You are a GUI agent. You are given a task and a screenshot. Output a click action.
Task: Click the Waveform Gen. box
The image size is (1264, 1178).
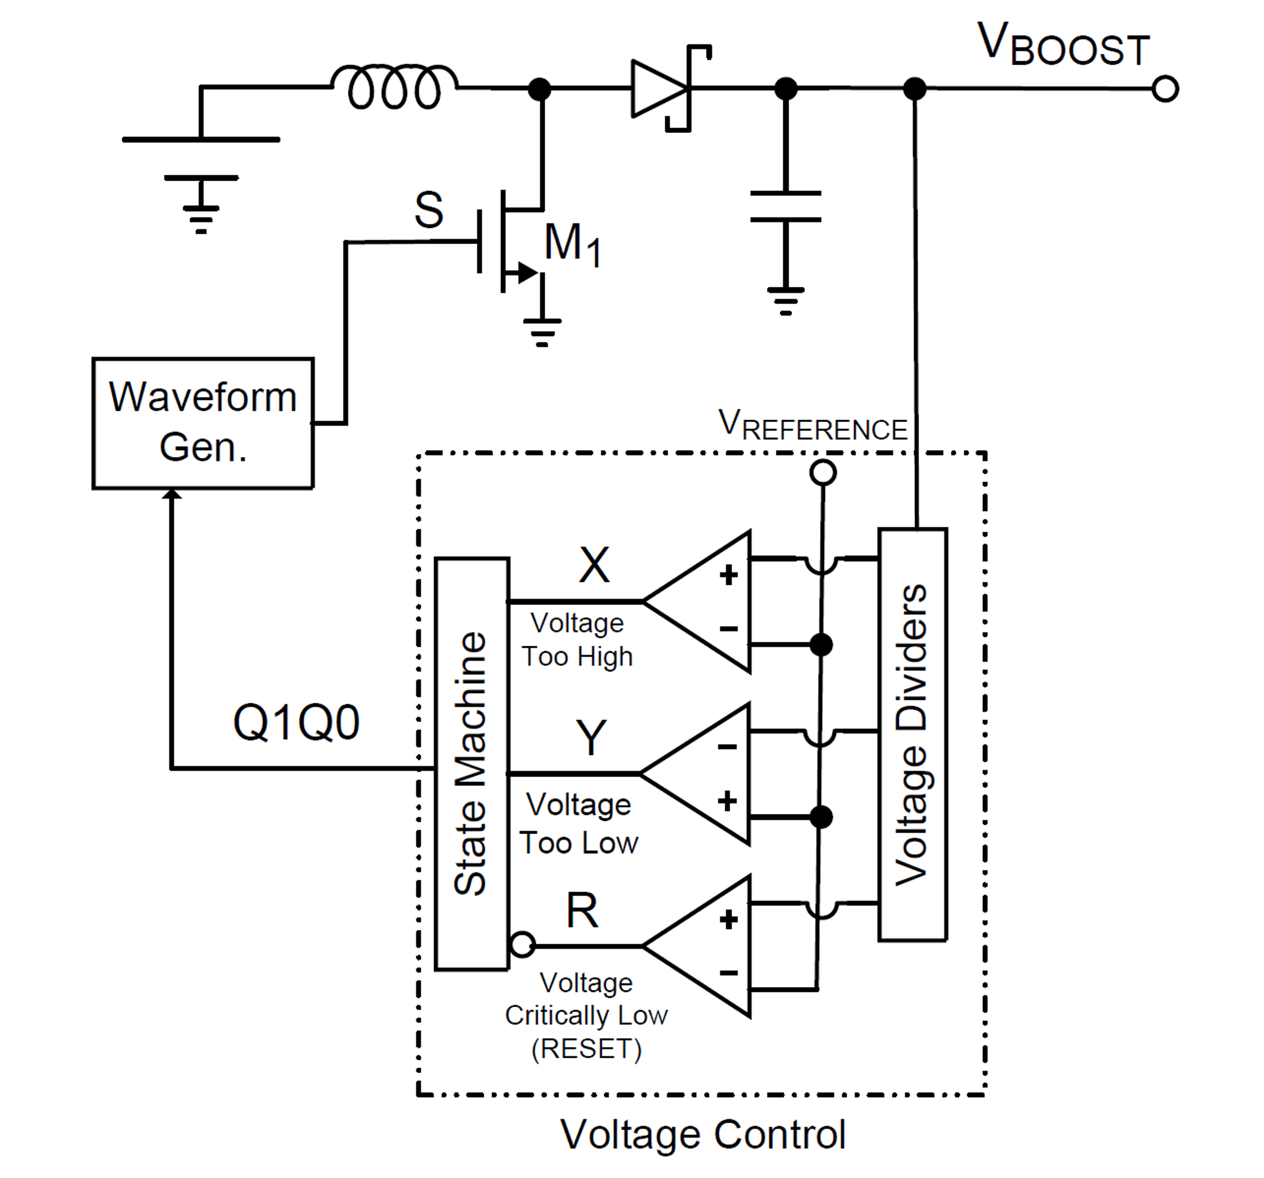pyautogui.click(x=203, y=423)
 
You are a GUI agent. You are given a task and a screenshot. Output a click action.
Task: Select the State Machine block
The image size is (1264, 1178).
pyautogui.click(x=472, y=764)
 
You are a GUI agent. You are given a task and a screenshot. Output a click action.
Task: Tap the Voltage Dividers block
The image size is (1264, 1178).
pyautogui.click(x=912, y=734)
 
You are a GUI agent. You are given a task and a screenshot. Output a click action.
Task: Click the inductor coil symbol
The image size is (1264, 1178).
pyautogui.click(x=394, y=87)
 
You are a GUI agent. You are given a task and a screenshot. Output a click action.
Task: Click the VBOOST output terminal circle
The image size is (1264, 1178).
pyautogui.click(x=1165, y=88)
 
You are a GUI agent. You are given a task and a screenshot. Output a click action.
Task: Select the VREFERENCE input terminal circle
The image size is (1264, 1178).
pyautogui.click(x=823, y=473)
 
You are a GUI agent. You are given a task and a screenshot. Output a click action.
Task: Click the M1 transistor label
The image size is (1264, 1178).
pyautogui.click(x=571, y=245)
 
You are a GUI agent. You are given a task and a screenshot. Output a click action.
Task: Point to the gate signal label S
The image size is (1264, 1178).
pyautogui.click(x=429, y=210)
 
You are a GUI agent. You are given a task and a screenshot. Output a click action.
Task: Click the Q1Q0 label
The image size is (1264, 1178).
pyautogui.click(x=297, y=723)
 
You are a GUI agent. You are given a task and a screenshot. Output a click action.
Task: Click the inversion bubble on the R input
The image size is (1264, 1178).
pyautogui.click(x=523, y=945)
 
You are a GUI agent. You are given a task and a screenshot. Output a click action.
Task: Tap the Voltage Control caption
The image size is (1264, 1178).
pyautogui.click(x=702, y=1134)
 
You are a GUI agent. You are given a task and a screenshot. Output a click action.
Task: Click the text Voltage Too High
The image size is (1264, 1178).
pyautogui.click(x=577, y=639)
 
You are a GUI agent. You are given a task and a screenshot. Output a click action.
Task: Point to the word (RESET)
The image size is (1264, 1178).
pyautogui.click(x=586, y=1048)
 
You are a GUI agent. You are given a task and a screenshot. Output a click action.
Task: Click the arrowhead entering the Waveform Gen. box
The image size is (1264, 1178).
pyautogui.click(x=172, y=494)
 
